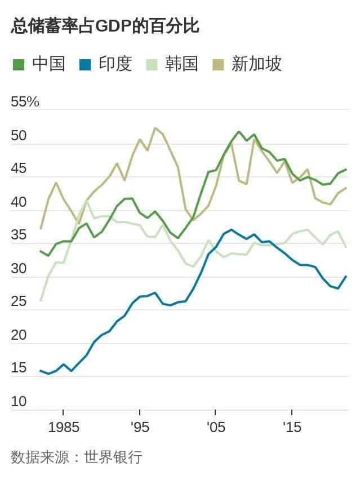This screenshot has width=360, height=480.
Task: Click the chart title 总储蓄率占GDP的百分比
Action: pyautogui.click(x=105, y=26)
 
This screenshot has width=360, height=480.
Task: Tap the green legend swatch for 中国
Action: pyautogui.click(x=19, y=65)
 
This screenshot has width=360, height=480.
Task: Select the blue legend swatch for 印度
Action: pyautogui.click(x=86, y=65)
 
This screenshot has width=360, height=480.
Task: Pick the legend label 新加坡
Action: pyautogui.click(x=256, y=64)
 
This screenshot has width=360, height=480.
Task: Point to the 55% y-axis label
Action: pyautogui.click(x=25, y=102)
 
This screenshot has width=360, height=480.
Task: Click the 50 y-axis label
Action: pyautogui.click(x=19, y=136)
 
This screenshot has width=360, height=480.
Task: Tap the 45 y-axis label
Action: pyautogui.click(x=19, y=169)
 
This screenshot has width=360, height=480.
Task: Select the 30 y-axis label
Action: pyautogui.click(x=19, y=269)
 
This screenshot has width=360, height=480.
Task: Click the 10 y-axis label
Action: pyautogui.click(x=19, y=402)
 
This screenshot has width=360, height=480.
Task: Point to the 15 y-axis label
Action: pyautogui.click(x=19, y=368)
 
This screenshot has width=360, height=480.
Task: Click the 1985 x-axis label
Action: pyautogui.click(x=63, y=428)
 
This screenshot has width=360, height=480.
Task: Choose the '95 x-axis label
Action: pyautogui.click(x=139, y=428)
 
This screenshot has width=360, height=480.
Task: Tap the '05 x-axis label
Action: pyautogui.click(x=215, y=428)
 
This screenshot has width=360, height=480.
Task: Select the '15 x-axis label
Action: pyautogui.click(x=291, y=428)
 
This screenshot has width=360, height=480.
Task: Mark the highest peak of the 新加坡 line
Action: pyautogui.click(x=155, y=128)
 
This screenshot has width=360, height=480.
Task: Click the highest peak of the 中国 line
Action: pyautogui.click(x=239, y=132)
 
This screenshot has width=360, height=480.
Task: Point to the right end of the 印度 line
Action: pyautogui.click(x=346, y=276)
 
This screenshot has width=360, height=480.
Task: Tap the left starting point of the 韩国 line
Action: pyautogui.click(x=41, y=300)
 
